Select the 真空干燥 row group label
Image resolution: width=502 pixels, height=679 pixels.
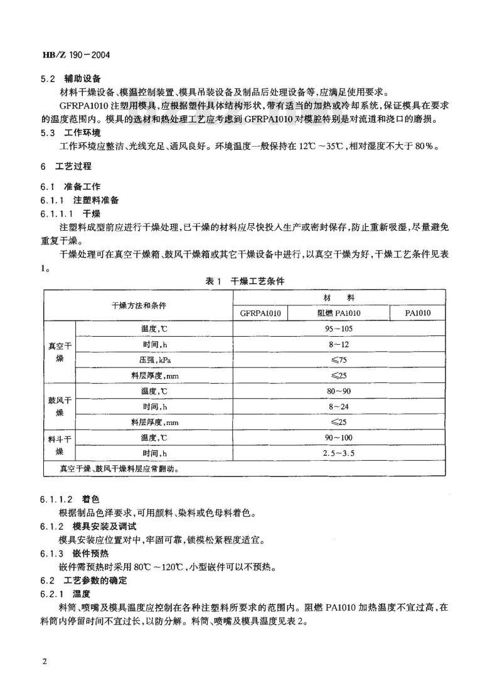click(x=60, y=352)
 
